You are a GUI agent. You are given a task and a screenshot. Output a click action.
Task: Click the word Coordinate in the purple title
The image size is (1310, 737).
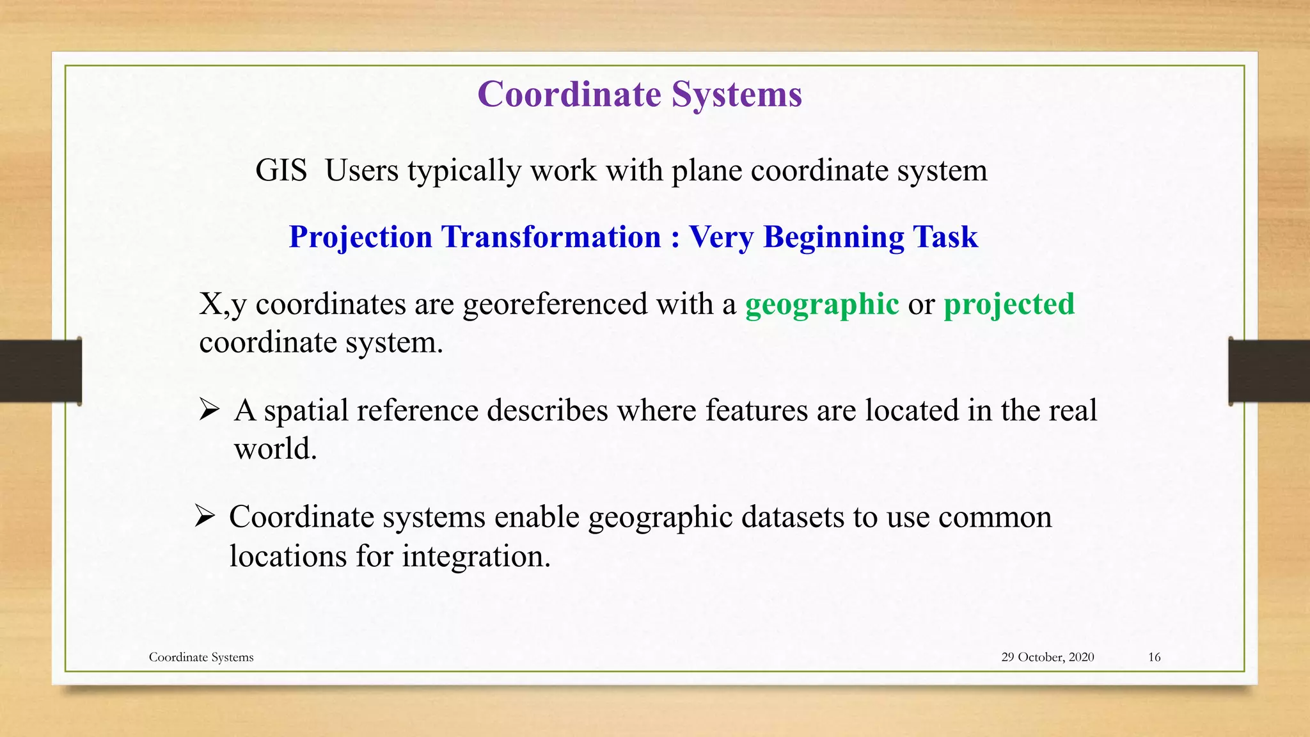pos(569,95)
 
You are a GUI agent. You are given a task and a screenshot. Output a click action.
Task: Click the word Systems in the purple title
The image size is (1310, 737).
pos(736,95)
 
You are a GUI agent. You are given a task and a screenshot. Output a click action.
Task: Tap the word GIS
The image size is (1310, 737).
pos(281,171)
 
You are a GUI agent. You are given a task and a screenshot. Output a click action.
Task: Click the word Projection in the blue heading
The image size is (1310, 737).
pos(361,237)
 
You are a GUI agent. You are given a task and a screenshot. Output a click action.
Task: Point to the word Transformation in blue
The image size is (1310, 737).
pos(551,237)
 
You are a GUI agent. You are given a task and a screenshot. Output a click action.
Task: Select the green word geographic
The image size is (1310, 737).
pos(822,305)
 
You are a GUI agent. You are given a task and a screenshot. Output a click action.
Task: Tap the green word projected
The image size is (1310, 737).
pos(1009,305)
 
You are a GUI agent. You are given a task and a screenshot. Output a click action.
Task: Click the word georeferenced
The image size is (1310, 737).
pos(555,305)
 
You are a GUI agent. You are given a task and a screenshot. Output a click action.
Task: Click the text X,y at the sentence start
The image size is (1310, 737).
pos(222,305)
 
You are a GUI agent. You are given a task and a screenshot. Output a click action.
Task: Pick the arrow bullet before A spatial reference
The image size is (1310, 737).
pos(209,409)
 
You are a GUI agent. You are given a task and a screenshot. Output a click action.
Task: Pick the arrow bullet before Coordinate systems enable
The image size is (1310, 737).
pos(205,515)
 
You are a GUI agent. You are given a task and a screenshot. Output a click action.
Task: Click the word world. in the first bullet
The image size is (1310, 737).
pos(275,448)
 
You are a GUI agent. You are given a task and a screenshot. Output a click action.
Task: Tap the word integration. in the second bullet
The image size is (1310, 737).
pos(476,555)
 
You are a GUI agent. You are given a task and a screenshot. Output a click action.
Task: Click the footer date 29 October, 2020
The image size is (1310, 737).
pos(1047,657)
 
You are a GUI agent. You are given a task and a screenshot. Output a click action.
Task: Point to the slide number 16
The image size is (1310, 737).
pos(1154,657)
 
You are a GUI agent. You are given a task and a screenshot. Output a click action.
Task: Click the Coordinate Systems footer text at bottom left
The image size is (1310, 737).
pos(201,657)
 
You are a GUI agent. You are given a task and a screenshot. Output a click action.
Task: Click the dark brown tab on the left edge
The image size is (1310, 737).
pos(40,371)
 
